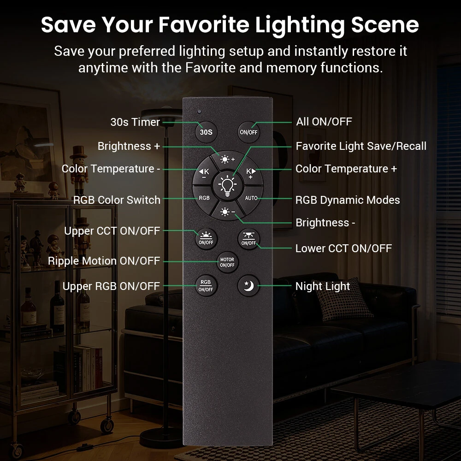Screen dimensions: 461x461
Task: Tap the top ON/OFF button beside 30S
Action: [x=248, y=132]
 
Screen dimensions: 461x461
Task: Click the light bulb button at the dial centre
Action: [x=228, y=186]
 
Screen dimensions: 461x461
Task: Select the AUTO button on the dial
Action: [x=251, y=198]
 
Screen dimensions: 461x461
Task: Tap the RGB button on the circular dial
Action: [x=204, y=198]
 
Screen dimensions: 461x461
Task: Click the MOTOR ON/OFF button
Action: [x=227, y=262]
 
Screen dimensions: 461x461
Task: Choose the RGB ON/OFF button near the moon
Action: [x=206, y=285]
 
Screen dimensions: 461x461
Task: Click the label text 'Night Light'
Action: [x=323, y=286]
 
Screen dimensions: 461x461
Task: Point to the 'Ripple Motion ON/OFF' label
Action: [x=104, y=261]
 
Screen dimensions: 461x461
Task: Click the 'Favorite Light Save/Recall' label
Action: [x=361, y=146]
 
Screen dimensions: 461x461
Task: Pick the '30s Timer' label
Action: [x=135, y=122]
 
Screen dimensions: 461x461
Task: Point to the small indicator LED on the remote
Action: [x=199, y=112]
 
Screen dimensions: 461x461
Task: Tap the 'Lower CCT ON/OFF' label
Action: [x=343, y=248]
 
